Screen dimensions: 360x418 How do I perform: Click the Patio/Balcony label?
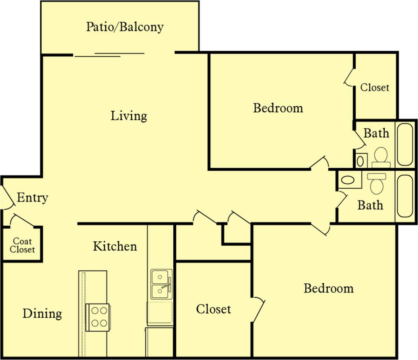click(125, 27)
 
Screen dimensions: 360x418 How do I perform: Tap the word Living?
click(129, 116)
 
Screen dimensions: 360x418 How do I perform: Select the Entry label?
click(32, 198)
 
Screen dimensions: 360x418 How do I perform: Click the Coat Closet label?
click(22, 245)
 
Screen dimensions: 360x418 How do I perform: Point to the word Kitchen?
click(115, 246)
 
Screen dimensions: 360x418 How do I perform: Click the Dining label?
click(42, 313)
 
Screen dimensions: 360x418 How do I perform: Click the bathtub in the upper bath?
click(405, 144)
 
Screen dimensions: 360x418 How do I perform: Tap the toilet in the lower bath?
click(377, 183)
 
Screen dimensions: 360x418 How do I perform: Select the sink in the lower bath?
click(348, 180)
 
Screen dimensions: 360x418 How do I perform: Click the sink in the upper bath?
click(360, 161)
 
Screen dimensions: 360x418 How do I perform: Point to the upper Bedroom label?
click(278, 108)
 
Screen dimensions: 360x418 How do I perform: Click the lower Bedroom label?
click(328, 289)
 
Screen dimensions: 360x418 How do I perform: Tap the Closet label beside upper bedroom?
click(375, 87)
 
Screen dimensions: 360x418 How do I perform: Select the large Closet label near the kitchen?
click(213, 309)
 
